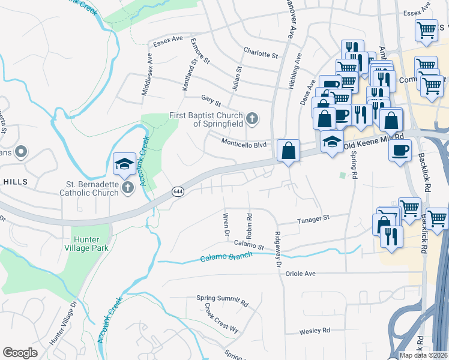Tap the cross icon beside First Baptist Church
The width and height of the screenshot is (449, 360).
[252, 118]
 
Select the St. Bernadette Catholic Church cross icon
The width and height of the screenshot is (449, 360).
[127, 189]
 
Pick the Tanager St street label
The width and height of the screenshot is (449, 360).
[314, 220]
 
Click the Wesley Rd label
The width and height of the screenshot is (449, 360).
[315, 331]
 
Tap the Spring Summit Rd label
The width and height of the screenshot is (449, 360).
[222, 299]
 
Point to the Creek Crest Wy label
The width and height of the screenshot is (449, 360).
[221, 318]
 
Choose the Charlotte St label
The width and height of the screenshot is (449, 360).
[261, 54]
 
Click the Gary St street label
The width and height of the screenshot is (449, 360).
[211, 98]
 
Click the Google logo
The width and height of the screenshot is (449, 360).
[20, 352]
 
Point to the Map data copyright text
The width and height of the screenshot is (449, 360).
[424, 355]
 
